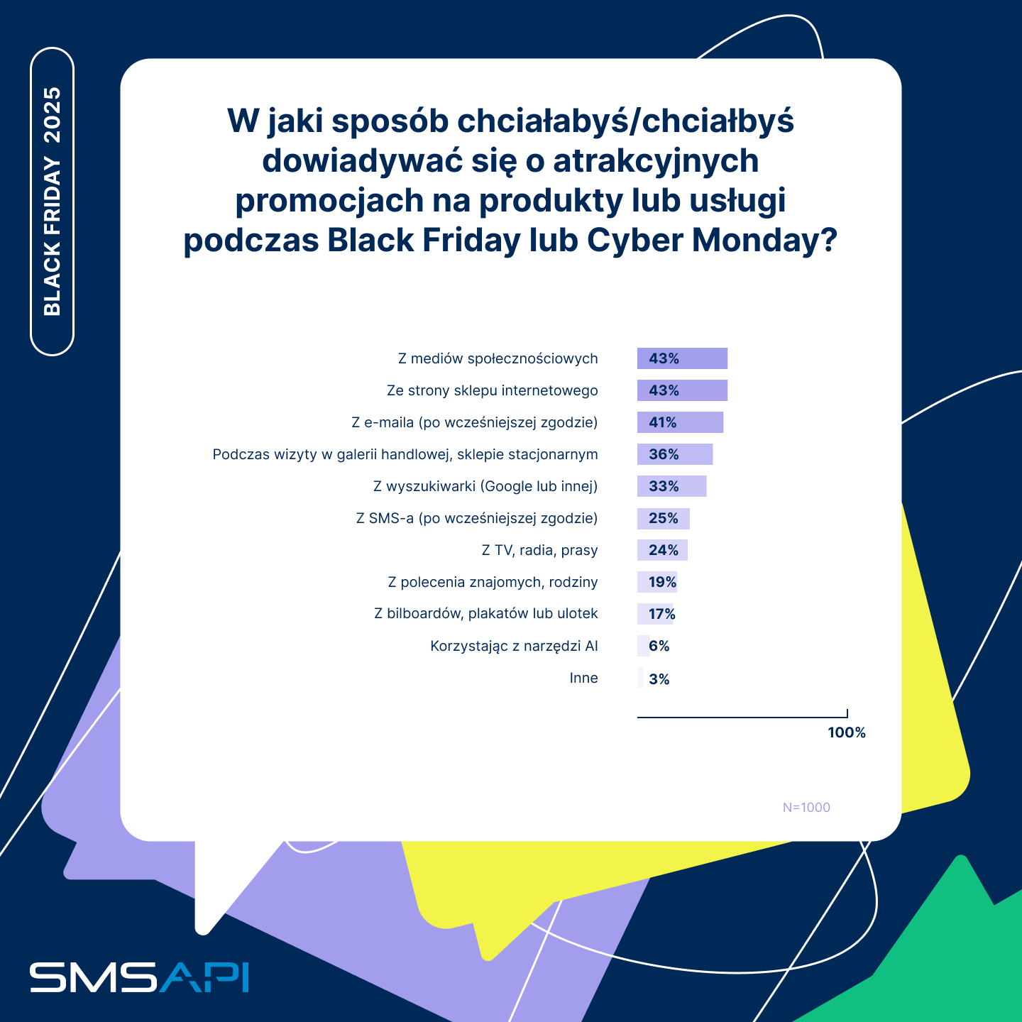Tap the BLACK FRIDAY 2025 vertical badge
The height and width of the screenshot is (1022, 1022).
(53, 202)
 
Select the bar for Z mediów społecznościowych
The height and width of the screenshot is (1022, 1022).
(682, 358)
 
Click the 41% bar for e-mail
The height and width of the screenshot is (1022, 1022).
(680, 422)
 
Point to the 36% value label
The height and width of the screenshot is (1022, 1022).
(664, 454)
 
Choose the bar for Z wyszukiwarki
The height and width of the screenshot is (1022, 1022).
(671, 486)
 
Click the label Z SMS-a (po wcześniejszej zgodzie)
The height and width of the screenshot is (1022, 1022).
(477, 518)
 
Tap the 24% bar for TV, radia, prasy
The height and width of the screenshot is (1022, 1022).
(662, 550)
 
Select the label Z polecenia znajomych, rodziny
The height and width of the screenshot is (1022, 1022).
(493, 582)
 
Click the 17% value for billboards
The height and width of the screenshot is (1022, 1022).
(661, 614)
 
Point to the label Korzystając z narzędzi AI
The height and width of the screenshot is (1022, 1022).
(514, 646)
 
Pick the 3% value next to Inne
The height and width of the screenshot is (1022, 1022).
(659, 679)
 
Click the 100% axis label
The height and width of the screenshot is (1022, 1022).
(847, 732)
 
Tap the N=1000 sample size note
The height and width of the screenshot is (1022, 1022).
(806, 808)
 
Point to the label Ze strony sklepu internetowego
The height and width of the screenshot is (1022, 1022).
(492, 390)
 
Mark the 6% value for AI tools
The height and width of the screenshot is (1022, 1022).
(659, 646)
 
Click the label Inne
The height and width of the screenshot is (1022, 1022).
(583, 678)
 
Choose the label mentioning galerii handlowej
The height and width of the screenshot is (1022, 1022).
(405, 454)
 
